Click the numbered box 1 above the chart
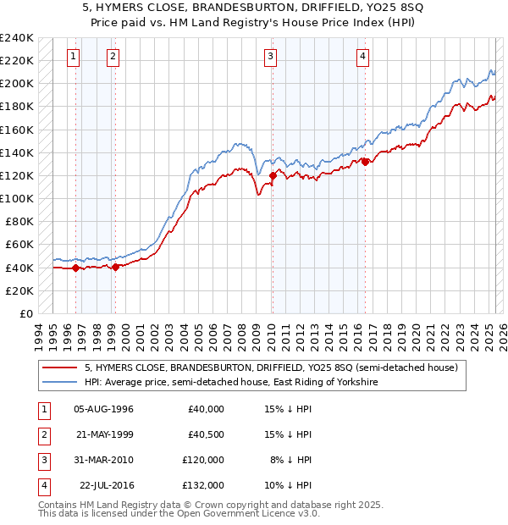(x=74, y=57)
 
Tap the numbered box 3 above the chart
(x=270, y=57)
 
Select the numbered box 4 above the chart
(x=362, y=57)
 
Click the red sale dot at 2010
(x=273, y=176)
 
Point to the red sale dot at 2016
(x=365, y=162)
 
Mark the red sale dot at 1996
(x=75, y=268)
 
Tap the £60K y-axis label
(x=19, y=245)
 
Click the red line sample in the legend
(x=59, y=367)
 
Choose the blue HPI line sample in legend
(x=59, y=383)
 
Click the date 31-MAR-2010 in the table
(x=103, y=460)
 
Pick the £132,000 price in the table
(x=204, y=485)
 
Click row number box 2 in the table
(x=42, y=434)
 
